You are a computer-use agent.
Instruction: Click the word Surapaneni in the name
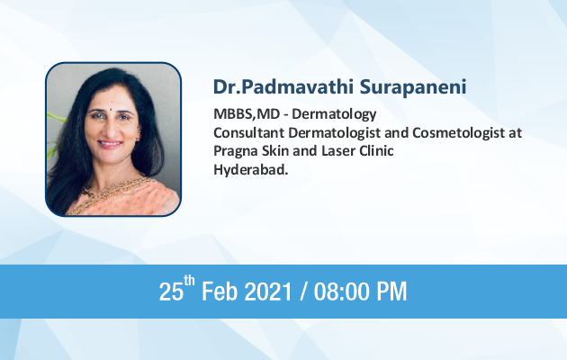(413, 87)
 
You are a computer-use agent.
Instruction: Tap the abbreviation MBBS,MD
(247, 114)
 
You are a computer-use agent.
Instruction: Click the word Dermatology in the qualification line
(334, 114)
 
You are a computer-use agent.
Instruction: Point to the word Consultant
(248, 132)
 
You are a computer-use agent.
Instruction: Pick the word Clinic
(376, 150)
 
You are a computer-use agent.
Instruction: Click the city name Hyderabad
(250, 170)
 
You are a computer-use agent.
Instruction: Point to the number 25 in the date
(171, 292)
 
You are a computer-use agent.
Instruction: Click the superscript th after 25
(189, 281)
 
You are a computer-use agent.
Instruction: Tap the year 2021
(268, 292)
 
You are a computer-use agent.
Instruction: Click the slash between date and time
(302, 292)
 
